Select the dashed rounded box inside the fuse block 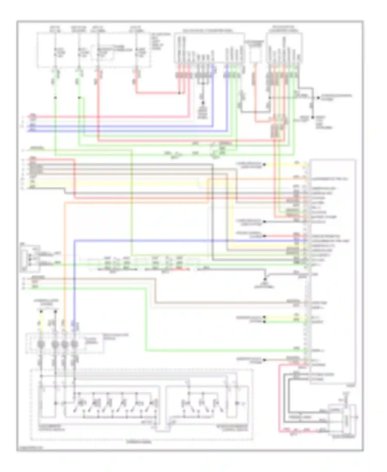pyautogui.click(x=103, y=53)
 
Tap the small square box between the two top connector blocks pyautogui.click(x=255, y=54)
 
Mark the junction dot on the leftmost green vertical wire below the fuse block pyautogui.click(x=55, y=98)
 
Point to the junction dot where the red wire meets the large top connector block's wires pyautogui.click(x=180, y=93)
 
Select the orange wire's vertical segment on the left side pyautogui.click(x=65, y=258)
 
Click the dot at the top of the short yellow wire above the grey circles pyautogui.click(x=41, y=312)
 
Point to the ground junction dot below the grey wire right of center pyautogui.click(x=265, y=279)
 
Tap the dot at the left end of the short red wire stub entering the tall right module pyautogui.click(x=264, y=236)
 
